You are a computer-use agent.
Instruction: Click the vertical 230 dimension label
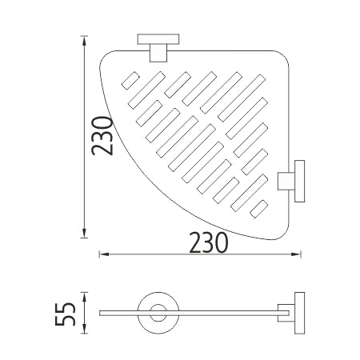click(102, 136)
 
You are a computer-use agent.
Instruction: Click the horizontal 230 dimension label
click(209, 242)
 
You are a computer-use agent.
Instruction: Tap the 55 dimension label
click(66, 314)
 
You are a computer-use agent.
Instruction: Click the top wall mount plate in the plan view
click(158, 39)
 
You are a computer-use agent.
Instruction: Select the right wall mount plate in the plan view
click(299, 181)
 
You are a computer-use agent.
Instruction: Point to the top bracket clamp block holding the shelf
click(158, 53)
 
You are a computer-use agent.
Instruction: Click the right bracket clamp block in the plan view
click(286, 182)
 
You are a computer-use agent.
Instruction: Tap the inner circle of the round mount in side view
click(158, 313)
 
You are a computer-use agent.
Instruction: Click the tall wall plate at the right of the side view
click(299, 313)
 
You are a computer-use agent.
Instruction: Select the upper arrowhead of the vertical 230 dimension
click(84, 40)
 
